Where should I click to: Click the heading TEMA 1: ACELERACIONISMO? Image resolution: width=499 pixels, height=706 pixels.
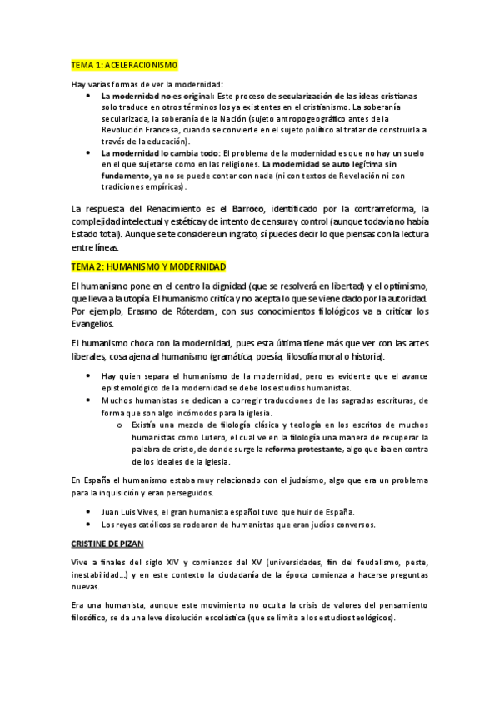(x=124, y=65)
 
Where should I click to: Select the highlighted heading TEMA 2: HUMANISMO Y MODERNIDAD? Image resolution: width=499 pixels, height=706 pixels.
(x=149, y=266)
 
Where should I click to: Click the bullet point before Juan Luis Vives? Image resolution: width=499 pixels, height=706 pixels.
(x=89, y=510)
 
